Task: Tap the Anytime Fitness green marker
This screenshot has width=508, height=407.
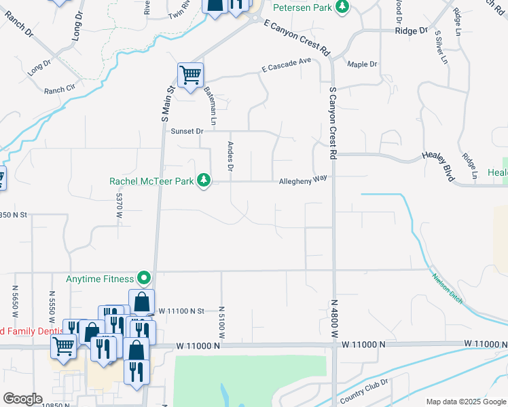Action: (144, 277)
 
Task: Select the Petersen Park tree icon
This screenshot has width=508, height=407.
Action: (344, 7)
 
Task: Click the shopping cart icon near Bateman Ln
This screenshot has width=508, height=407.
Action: (191, 74)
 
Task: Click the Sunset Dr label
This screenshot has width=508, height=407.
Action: (187, 131)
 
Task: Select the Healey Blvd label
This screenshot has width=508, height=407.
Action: (437, 164)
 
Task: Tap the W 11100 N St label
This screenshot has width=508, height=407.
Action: (181, 311)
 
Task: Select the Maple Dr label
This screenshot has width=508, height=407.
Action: (362, 64)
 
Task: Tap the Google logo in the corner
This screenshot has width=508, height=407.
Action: (22, 399)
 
